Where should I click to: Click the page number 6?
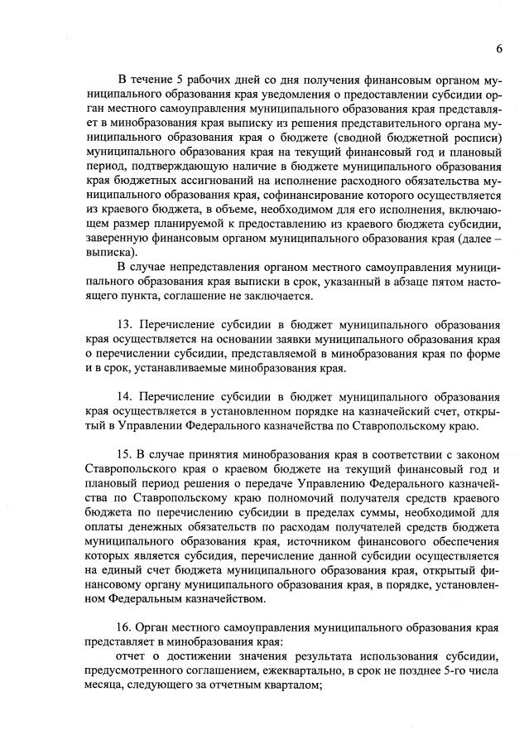500,48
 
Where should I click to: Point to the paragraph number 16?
127,627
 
